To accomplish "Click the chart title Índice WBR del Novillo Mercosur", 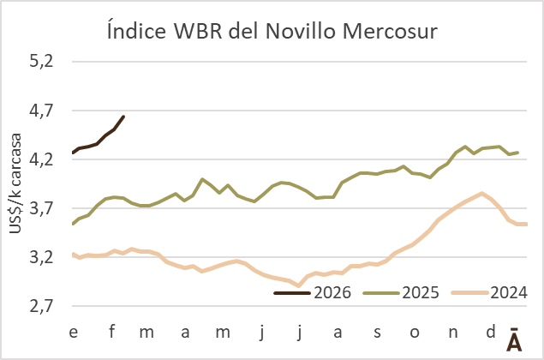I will (272, 33).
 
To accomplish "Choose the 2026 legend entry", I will (314, 293).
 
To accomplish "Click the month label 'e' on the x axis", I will (74, 331).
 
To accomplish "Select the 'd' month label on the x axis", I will (490, 331).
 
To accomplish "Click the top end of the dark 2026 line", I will (123, 117).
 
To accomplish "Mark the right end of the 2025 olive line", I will (517, 153).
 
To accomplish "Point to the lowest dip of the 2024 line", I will (298, 285).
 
